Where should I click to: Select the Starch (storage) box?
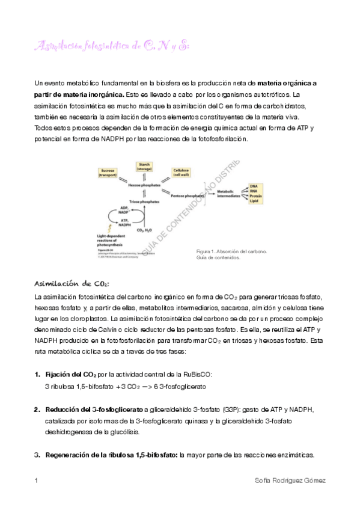(x=144, y=167)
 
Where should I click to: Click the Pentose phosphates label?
(x=187, y=196)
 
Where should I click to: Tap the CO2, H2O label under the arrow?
(x=145, y=230)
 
